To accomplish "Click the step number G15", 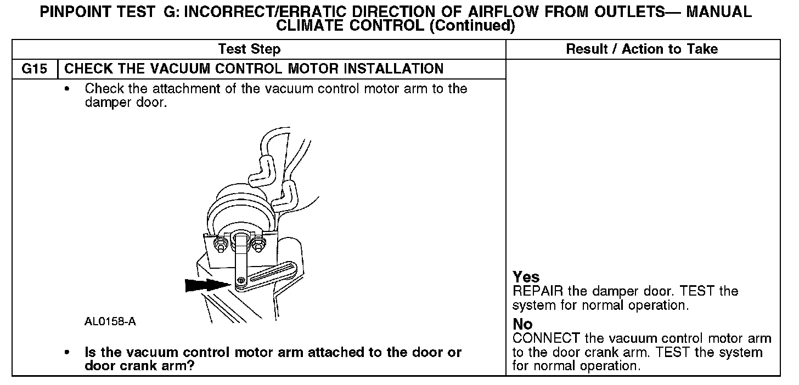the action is [x=34, y=69].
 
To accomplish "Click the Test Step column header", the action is [x=249, y=49].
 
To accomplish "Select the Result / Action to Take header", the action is [x=642, y=49].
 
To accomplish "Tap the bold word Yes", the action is [x=526, y=277].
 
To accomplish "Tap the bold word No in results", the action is [x=522, y=324].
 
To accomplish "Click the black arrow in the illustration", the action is [x=206, y=285].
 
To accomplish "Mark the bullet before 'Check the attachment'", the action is [x=67, y=89].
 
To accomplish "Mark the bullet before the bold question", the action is [x=67, y=353].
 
